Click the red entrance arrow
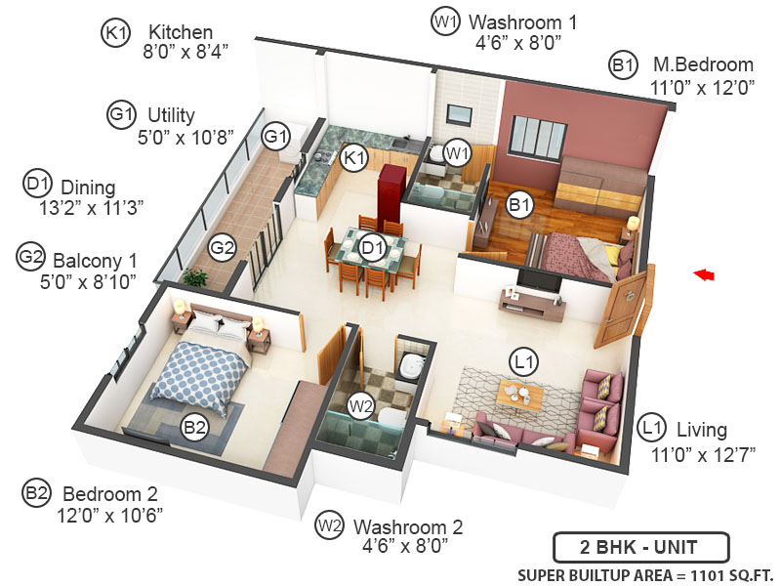703,275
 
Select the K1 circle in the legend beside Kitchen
115,33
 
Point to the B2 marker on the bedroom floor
194,426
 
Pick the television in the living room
539,280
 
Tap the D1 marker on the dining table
372,248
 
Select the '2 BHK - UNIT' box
626,545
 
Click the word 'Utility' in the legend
172,114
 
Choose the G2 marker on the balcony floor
224,247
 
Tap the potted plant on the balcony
195,278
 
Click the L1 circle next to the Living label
652,428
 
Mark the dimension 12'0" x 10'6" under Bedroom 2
111,513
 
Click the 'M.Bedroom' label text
703,65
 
